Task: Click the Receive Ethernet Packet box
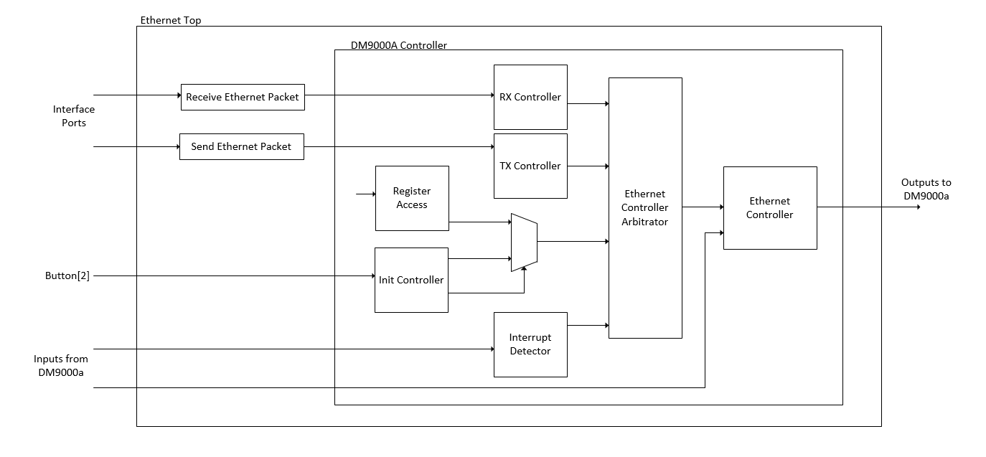243,97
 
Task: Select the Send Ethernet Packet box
241,146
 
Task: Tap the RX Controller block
530,97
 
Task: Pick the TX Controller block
530,166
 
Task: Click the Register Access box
412,198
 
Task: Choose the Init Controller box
411,280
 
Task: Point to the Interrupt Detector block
530,344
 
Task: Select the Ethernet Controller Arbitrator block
645,208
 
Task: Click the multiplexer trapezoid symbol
524,242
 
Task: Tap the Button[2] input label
67,275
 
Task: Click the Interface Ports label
73,116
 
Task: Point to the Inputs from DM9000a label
61,365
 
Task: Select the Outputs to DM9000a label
926,189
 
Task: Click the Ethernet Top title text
171,21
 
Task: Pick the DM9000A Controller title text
399,45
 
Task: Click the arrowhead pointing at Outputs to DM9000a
918,207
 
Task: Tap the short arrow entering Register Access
366,194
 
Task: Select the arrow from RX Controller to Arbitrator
588,103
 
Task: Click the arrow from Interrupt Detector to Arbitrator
588,326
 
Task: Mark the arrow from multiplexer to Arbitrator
573,242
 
